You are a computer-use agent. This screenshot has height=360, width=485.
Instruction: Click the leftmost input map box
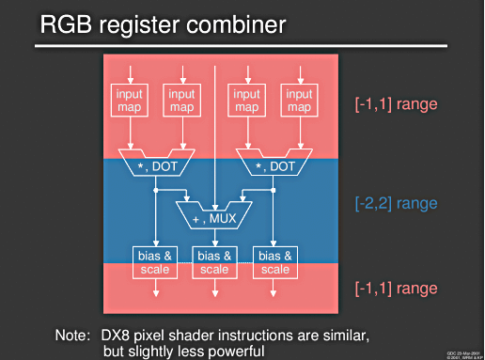tap(130, 102)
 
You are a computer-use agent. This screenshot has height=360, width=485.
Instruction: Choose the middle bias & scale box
tap(215, 261)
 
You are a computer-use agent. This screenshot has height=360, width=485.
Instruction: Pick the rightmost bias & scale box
tap(274, 261)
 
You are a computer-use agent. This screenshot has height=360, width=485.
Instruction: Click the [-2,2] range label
tap(396, 202)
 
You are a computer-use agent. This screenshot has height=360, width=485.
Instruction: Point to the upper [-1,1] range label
tap(396, 103)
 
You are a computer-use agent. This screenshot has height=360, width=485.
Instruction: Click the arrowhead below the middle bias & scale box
tap(215, 294)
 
